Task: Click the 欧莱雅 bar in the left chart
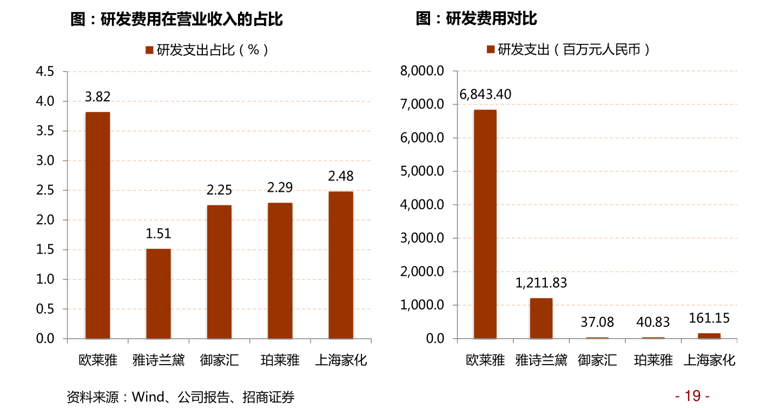(97, 225)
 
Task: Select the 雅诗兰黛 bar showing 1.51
(159, 293)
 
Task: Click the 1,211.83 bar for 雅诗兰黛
(541, 318)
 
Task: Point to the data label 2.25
(219, 190)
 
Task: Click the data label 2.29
(280, 187)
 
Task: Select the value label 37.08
(597, 322)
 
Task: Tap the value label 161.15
(709, 318)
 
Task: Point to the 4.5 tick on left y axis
(45, 72)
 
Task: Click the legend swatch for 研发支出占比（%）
(150, 50)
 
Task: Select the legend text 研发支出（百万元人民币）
(573, 50)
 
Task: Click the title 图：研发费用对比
(476, 19)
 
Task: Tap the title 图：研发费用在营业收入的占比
(177, 20)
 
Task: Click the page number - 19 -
(692, 396)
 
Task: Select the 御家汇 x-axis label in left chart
(219, 360)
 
